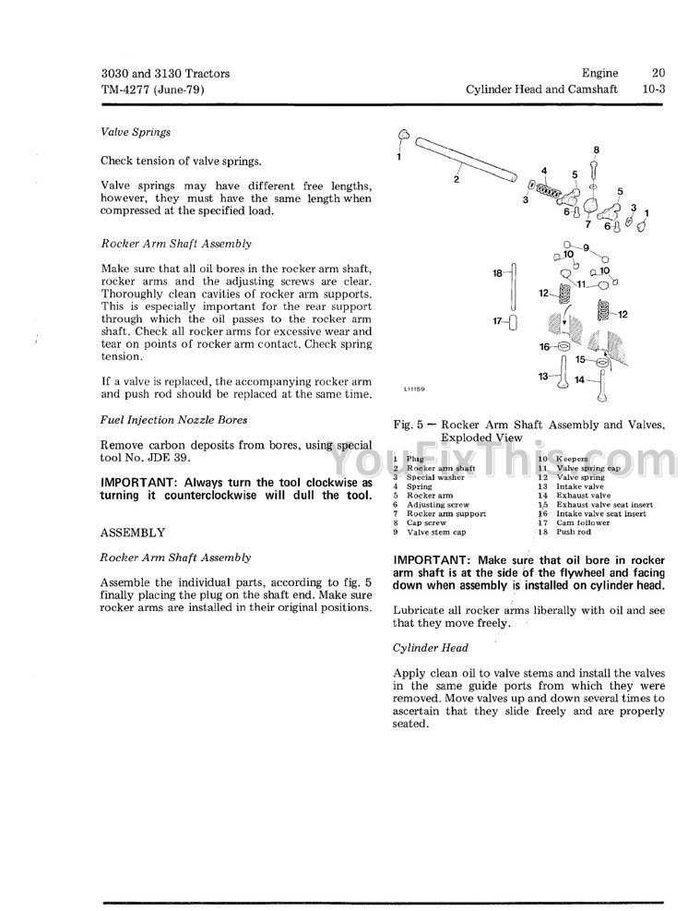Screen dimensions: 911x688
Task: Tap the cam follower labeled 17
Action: click(x=512, y=322)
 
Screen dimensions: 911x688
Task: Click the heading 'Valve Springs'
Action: click(x=136, y=132)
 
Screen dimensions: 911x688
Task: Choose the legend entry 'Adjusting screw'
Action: click(x=437, y=505)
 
